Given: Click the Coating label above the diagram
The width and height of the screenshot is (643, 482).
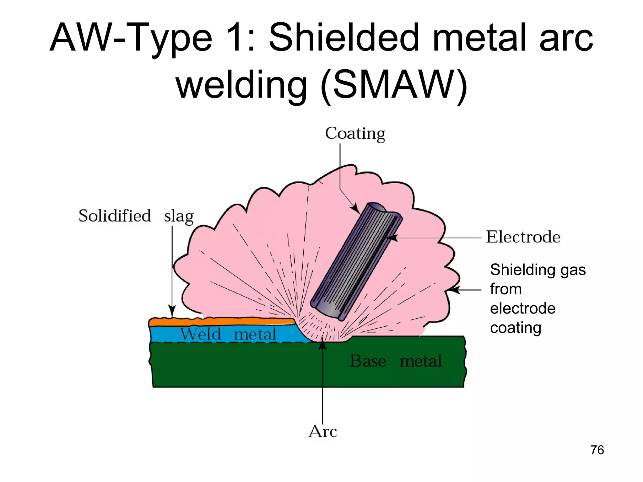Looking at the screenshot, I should [x=355, y=134].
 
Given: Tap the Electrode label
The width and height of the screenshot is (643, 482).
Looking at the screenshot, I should [x=523, y=237].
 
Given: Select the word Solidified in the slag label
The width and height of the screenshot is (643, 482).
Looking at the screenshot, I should [x=115, y=216].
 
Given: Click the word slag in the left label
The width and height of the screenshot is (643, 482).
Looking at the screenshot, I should [x=179, y=217].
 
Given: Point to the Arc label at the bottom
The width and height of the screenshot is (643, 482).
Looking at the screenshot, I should [x=322, y=431].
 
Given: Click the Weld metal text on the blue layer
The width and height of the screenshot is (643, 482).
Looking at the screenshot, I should [x=228, y=334].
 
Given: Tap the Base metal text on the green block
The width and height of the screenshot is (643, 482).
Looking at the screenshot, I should [x=396, y=361].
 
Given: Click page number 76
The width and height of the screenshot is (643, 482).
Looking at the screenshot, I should [x=597, y=450].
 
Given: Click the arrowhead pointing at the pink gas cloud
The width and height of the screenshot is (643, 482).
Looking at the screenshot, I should [x=451, y=290].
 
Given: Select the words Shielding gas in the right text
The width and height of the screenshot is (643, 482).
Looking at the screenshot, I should [x=538, y=270].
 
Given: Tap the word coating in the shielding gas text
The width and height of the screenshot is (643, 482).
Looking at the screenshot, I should [x=516, y=328].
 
